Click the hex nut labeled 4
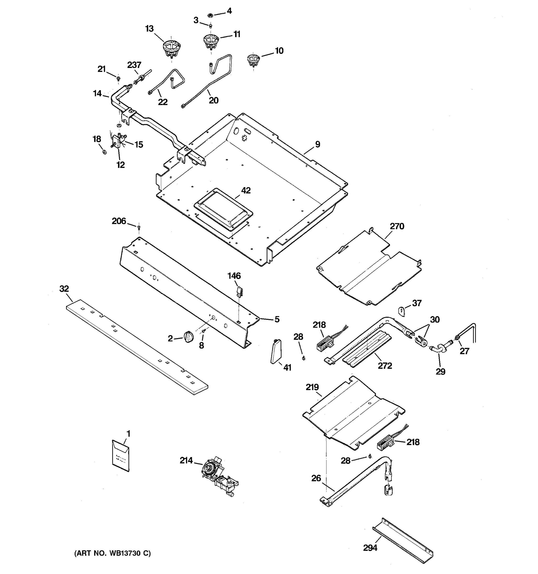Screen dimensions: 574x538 (211, 15)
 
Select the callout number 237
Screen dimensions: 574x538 (134, 65)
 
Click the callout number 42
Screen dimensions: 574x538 (246, 190)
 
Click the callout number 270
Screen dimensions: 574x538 (397, 226)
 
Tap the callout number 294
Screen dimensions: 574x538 (370, 548)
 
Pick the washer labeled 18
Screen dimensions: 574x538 (104, 152)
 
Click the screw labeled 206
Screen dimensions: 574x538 (139, 228)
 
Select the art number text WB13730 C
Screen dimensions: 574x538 (113, 553)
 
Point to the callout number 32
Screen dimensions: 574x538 (64, 288)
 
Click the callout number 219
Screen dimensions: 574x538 (312, 387)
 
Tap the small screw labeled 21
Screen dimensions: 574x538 (118, 78)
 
